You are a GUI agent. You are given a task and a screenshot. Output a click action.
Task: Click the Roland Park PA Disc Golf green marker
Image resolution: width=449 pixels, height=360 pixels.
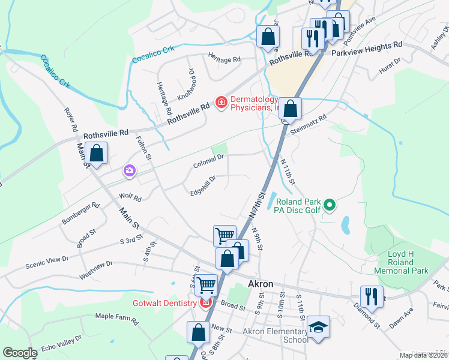click(x=329, y=206)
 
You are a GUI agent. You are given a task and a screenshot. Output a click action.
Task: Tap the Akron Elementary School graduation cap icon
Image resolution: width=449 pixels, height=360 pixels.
click(x=318, y=327)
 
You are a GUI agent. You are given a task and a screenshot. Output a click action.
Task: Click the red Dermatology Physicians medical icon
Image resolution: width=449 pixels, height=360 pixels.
click(x=221, y=103)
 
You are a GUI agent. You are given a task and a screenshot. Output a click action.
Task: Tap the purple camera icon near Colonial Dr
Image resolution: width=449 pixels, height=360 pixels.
click(x=129, y=172)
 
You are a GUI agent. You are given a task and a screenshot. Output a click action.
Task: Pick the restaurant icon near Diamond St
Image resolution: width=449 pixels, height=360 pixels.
click(x=372, y=296)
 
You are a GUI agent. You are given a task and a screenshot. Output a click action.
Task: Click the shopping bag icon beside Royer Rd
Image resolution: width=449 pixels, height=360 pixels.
click(x=96, y=153)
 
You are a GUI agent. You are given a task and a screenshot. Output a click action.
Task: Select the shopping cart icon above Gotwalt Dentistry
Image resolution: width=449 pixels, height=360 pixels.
click(x=206, y=284)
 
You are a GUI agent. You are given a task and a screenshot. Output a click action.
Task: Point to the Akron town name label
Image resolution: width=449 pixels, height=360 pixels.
click(x=261, y=284)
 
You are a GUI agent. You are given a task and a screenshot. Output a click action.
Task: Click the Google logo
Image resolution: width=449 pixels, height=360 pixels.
click(x=20, y=353)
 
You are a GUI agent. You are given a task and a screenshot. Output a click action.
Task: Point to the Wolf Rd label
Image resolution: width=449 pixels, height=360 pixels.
click(x=130, y=197)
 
